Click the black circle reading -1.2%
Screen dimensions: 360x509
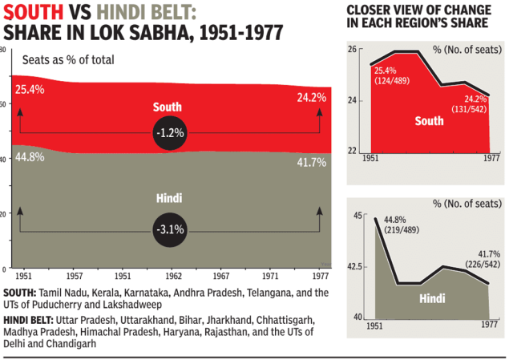click(x=169, y=131)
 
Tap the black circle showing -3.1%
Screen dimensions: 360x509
click(x=169, y=229)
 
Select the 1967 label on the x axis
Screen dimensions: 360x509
click(x=222, y=275)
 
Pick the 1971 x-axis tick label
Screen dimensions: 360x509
click(x=272, y=275)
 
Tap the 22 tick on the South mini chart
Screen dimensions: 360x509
click(x=351, y=151)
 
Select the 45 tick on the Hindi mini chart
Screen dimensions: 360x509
click(x=352, y=216)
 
